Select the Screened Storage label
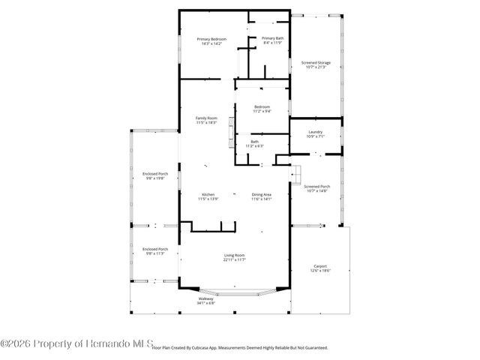pos(315,63)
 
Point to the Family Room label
pos(206,118)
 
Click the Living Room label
pos(234,256)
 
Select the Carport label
pos(320,265)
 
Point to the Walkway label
pos(205,298)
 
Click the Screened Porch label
pos(316,186)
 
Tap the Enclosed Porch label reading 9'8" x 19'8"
pos(155,174)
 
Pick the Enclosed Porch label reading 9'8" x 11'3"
pos(155,249)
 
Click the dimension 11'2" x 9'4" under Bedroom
pos(262,111)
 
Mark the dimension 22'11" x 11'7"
pos(235,259)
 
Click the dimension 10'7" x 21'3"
pos(315,67)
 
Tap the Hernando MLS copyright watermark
pos(75,343)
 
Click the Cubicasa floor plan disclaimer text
pos(240,348)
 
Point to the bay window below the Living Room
pos(235,289)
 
